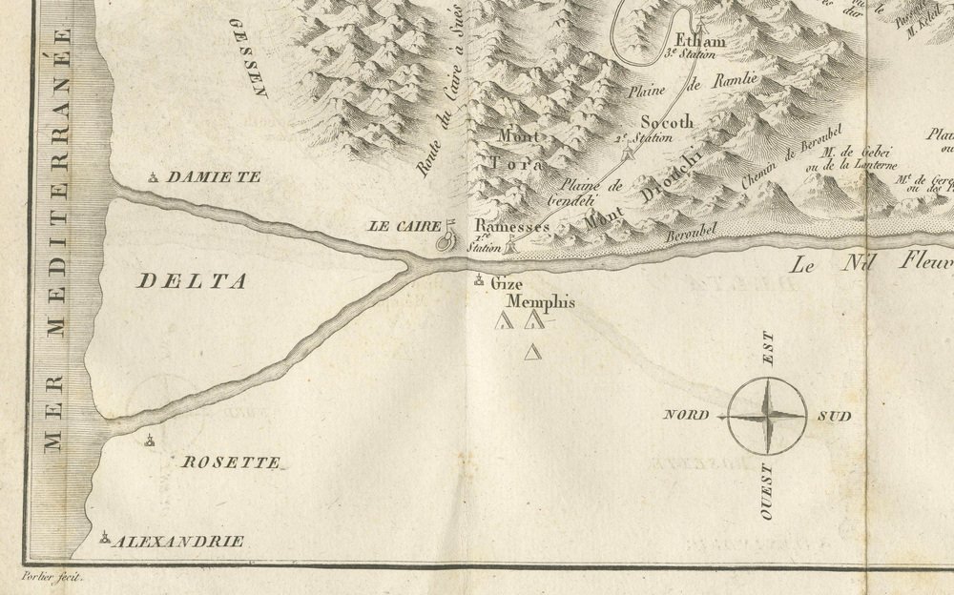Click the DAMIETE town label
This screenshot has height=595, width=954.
pyautogui.click(x=213, y=177)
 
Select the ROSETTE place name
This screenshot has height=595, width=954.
pyautogui.click(x=232, y=462)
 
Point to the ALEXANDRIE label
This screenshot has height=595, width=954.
pyautogui.click(x=178, y=542)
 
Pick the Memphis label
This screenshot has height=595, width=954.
pyautogui.click(x=543, y=303)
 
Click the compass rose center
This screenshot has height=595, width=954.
pyautogui.click(x=768, y=416)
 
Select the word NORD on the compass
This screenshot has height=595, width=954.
pyautogui.click(x=687, y=416)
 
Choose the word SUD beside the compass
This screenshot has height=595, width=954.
pyautogui.click(x=833, y=417)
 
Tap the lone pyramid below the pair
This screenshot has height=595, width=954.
pyautogui.click(x=533, y=354)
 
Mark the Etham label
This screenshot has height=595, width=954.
pyautogui.click(x=700, y=41)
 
